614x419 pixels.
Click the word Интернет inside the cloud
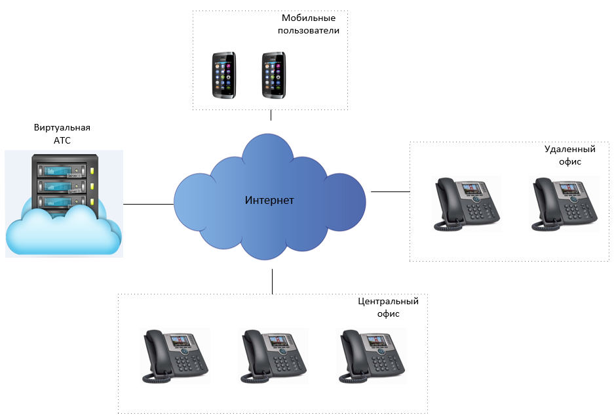click(269, 200)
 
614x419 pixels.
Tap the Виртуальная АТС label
click(62, 133)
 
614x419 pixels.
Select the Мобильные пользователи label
click(309, 24)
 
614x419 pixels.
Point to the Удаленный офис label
click(562, 155)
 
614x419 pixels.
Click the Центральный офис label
click(388, 308)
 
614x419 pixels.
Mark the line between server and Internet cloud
click(149, 204)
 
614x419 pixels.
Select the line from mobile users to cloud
click(271, 115)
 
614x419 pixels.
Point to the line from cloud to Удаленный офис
click(390, 191)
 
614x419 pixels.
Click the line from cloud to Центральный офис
click(272, 280)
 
